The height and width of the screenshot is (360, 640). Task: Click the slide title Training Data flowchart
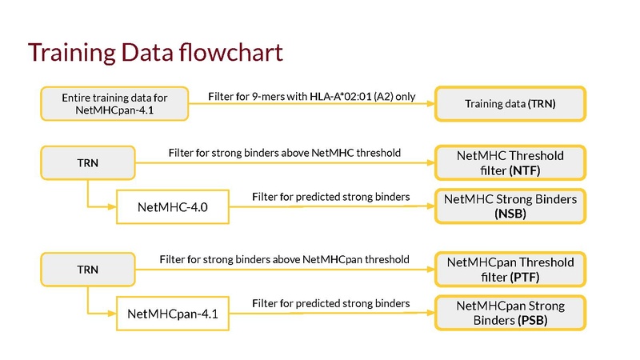point(155,53)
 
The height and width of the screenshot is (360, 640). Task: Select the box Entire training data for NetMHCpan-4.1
point(114,104)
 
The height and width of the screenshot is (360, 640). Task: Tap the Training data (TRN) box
point(510,104)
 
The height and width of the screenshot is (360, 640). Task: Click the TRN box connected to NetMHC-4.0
point(88,163)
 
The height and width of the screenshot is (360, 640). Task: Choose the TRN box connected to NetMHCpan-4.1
point(88,270)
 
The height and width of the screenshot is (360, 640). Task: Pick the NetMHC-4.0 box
point(173,207)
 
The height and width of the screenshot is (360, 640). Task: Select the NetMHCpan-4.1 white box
point(173,314)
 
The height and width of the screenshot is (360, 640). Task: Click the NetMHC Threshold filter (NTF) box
point(510,162)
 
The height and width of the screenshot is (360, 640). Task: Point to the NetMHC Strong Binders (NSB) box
point(510,206)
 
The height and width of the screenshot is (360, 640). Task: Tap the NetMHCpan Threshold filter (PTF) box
point(510,270)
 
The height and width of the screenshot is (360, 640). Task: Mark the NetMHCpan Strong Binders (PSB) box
point(510,313)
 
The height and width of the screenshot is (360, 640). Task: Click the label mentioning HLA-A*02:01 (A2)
point(312,97)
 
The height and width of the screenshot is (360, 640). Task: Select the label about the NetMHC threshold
point(285,153)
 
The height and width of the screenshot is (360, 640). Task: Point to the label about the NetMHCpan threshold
point(285,259)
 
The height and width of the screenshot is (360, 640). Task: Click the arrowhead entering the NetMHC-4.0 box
point(112,207)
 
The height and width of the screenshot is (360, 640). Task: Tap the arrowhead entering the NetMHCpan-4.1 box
point(112,314)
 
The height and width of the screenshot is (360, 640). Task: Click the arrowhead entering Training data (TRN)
point(430,104)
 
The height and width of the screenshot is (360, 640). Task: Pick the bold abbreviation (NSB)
point(510,214)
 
